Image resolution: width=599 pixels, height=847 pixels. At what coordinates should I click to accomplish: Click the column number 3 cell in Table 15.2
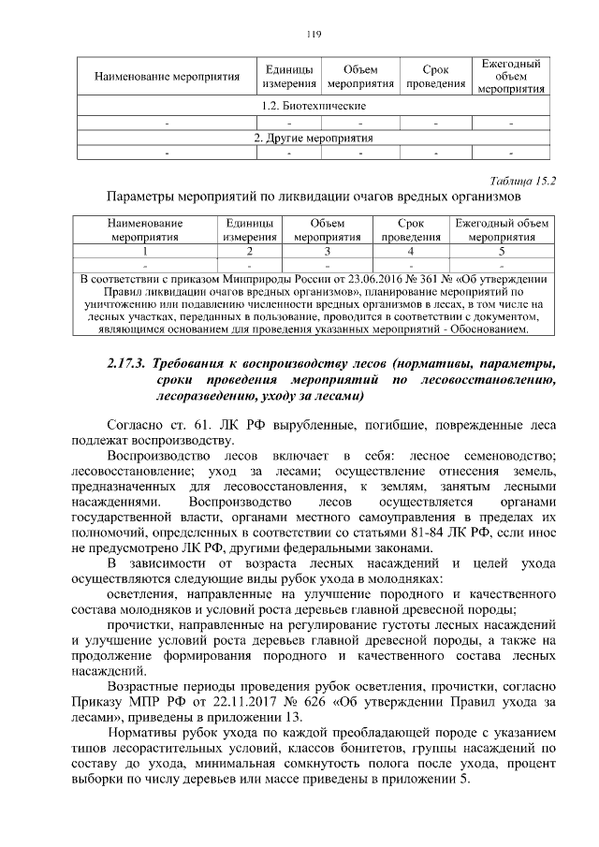point(327,252)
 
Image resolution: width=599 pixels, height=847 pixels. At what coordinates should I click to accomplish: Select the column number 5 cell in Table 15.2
point(501,252)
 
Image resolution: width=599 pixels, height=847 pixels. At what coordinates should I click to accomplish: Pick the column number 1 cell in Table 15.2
point(144,252)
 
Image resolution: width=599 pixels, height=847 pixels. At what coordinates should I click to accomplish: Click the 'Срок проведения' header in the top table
point(434,77)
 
